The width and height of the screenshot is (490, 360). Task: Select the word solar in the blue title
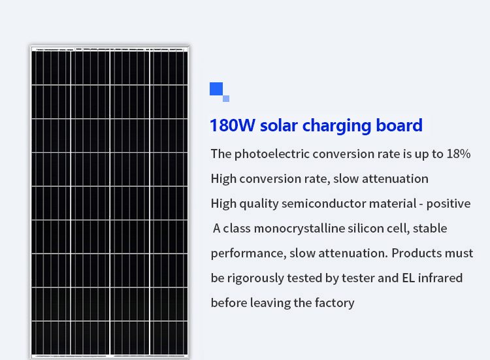(279, 125)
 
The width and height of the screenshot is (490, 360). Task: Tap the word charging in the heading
(336, 126)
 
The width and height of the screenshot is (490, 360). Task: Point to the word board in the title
(399, 125)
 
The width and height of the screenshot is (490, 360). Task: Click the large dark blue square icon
(216, 89)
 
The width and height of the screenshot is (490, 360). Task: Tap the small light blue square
(226, 99)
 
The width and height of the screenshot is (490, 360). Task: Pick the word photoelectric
(272, 154)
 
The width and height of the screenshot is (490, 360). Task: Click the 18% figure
(459, 154)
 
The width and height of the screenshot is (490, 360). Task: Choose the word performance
(249, 254)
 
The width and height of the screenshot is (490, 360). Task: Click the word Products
(417, 253)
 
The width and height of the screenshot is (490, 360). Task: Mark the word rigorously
(255, 278)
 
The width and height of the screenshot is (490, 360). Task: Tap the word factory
(335, 303)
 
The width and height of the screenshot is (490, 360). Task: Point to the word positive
(448, 204)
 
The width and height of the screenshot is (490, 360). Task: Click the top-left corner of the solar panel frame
(30, 46)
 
